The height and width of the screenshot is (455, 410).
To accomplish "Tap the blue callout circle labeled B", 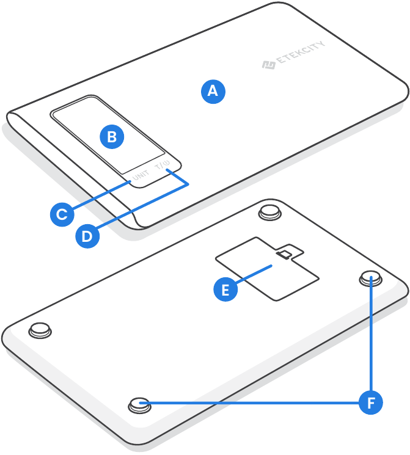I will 112,137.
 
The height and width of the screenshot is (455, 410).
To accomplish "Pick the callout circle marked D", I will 88,235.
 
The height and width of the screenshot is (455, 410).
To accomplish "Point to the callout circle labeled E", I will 225,289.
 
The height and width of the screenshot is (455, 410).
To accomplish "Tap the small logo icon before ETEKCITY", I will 268,64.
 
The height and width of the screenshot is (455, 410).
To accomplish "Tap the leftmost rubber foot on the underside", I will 40,328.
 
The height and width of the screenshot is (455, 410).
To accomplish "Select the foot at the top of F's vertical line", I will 370,277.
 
